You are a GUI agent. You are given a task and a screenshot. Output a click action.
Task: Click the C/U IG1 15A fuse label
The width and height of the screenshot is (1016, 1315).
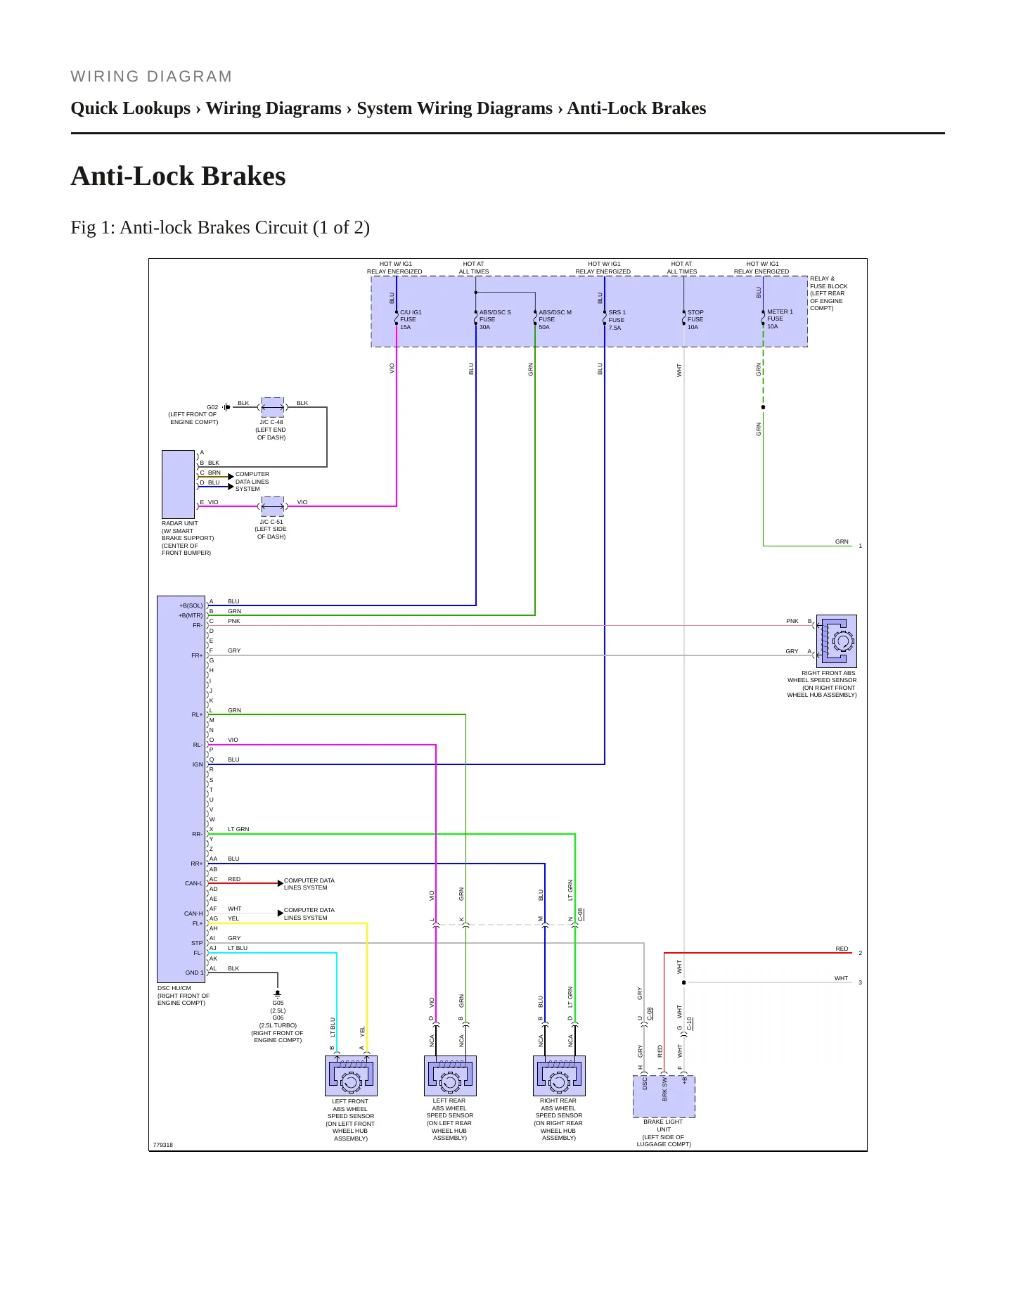pos(411,320)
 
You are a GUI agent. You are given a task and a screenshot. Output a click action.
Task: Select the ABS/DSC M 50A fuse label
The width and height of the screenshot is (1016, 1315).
pos(555,320)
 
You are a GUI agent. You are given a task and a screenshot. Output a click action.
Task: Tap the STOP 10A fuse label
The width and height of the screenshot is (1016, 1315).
pos(695,320)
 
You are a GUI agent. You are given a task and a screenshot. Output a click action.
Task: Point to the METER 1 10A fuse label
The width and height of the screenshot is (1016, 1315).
pos(779,319)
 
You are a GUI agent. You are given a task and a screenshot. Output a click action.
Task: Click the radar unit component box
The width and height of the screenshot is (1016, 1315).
pos(179,485)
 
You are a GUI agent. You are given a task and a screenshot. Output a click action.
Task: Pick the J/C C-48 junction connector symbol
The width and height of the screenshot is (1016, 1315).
pos(272,407)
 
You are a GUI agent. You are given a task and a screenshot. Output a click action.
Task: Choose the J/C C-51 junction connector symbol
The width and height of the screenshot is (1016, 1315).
pos(272,506)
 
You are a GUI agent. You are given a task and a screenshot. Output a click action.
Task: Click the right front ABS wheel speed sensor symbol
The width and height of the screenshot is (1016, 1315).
pos(837,641)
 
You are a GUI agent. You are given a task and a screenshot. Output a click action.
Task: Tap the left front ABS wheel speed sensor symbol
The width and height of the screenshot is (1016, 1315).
pos(352,1076)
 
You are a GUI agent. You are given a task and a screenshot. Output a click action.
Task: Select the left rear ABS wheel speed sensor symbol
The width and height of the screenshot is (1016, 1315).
pos(450,1076)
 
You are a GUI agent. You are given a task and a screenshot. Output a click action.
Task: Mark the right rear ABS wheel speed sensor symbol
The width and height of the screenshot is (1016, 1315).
pos(559,1076)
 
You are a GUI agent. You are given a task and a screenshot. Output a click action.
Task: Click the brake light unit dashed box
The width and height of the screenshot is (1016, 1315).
pos(664,1096)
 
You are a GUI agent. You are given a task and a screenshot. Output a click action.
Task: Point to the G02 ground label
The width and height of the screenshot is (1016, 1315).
pos(212,407)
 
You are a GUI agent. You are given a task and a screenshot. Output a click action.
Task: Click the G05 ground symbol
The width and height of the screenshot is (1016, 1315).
pos(278,994)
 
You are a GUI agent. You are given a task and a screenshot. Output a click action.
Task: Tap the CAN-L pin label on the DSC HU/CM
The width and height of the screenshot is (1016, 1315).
pos(193,883)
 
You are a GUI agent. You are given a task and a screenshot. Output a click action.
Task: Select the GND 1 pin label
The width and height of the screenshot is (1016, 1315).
pos(194,973)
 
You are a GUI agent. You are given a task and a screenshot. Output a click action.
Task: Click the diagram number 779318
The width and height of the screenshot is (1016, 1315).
pos(163,1145)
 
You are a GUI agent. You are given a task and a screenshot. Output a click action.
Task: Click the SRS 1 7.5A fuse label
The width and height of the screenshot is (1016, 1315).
pos(617,320)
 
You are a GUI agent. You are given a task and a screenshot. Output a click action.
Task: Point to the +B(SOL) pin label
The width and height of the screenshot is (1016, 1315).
pos(191,605)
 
